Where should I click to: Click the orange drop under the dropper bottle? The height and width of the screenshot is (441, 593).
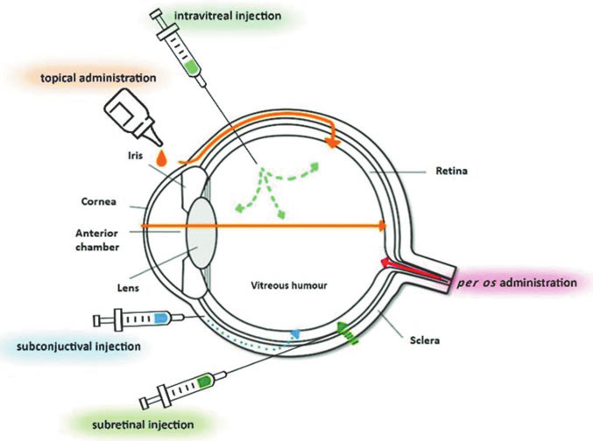point(161,157)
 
